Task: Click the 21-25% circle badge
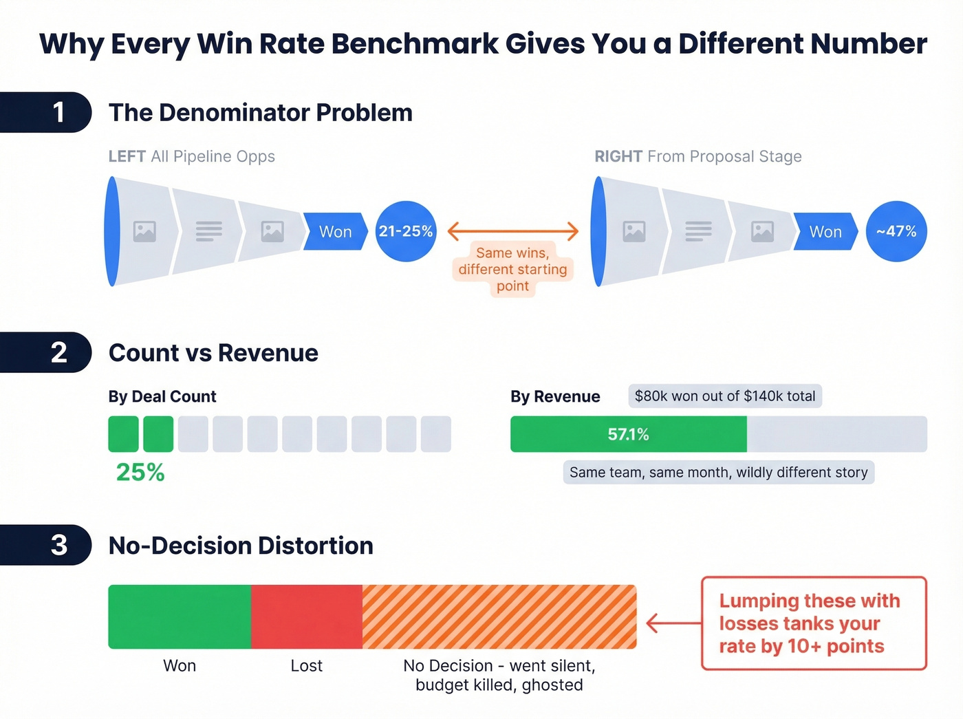click(406, 231)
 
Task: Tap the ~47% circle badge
click(896, 231)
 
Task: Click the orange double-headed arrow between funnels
click(513, 231)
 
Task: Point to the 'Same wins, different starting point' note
click(513, 270)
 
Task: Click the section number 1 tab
click(48, 112)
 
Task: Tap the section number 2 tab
click(48, 352)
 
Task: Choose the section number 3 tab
click(48, 545)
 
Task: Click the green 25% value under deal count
click(140, 472)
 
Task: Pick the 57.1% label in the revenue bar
click(628, 434)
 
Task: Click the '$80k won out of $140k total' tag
click(725, 396)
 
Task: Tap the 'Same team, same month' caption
click(719, 473)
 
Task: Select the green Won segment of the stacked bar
click(180, 616)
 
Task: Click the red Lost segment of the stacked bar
click(307, 616)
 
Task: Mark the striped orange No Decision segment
click(499, 616)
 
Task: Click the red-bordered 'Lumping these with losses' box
click(814, 623)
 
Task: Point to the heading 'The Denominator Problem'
click(261, 113)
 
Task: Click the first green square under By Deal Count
click(124, 434)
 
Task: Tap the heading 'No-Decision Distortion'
click(241, 546)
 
